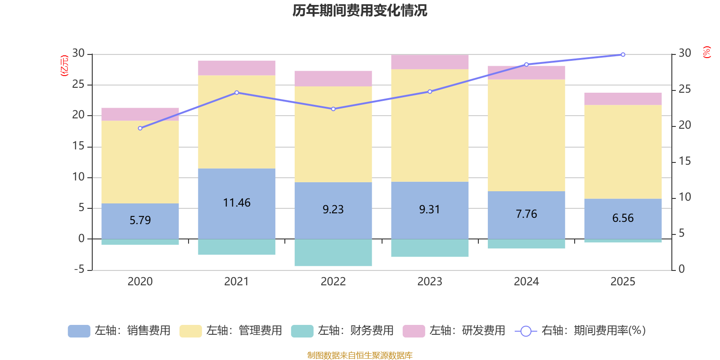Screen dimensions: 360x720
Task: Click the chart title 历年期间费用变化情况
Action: point(360,10)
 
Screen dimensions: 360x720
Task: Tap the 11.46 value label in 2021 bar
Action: point(237,203)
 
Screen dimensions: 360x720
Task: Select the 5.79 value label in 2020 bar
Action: point(140,220)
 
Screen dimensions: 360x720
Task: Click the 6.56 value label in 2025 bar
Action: point(623,218)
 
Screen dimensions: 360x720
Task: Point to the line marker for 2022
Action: point(333,109)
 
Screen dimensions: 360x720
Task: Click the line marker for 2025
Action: point(623,54)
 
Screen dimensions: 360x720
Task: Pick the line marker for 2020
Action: point(140,128)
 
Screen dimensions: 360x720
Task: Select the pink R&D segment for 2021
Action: point(237,67)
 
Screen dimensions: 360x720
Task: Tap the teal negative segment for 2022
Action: point(333,252)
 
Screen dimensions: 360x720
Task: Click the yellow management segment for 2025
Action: point(623,152)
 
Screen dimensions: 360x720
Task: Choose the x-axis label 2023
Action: point(430,282)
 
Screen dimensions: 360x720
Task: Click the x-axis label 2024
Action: point(526,282)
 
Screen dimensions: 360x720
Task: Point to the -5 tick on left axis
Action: point(79,269)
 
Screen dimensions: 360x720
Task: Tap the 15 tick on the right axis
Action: point(684,161)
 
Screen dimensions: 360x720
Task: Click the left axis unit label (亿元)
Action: point(65,66)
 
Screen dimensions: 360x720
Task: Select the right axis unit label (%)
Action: point(706,52)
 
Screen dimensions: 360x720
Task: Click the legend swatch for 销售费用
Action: point(79,331)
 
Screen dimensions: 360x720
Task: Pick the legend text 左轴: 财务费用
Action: point(355,331)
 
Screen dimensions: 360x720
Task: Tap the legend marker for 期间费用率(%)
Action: point(525,331)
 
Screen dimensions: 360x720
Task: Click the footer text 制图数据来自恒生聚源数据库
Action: point(360,355)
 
